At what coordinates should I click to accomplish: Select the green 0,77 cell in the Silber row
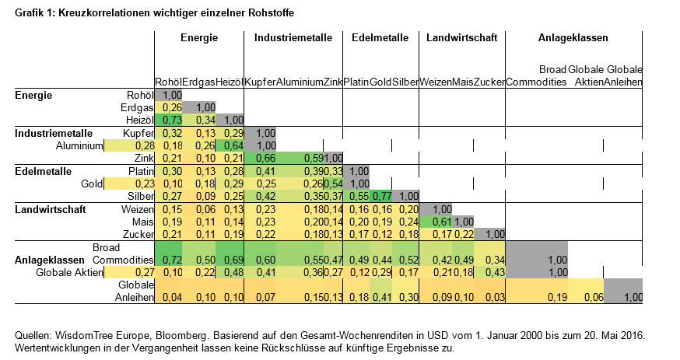(x=381, y=196)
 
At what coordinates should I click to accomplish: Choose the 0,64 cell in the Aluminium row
(x=231, y=145)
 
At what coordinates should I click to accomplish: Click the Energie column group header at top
(x=199, y=37)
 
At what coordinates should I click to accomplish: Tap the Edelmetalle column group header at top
(x=380, y=37)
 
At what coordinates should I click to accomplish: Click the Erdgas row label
(x=135, y=107)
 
